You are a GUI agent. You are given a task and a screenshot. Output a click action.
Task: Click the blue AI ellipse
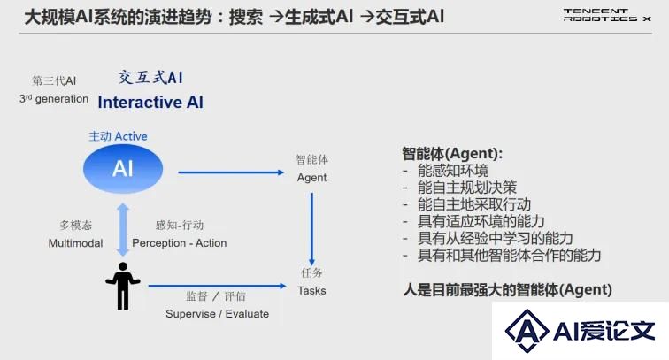click(123, 169)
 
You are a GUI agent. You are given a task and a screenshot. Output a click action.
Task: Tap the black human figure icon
click(123, 286)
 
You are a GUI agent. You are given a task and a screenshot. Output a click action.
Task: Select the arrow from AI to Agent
click(231, 172)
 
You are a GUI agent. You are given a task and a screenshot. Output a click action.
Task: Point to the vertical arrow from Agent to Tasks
click(311, 229)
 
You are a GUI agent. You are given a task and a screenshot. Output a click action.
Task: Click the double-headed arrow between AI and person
click(123, 229)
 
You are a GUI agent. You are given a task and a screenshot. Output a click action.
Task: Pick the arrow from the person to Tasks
click(217, 286)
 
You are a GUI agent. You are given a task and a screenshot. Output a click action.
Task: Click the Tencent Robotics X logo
click(607, 15)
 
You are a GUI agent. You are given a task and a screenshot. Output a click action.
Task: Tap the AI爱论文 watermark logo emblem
click(527, 331)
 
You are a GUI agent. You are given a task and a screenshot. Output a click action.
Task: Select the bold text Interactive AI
click(150, 103)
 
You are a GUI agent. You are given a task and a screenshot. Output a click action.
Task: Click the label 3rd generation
click(54, 99)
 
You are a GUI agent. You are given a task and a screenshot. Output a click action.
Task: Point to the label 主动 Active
click(118, 136)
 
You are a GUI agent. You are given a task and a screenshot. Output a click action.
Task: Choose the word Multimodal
click(75, 243)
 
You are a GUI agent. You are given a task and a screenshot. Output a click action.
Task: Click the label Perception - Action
click(179, 243)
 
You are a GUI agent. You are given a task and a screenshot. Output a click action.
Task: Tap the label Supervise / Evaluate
click(217, 314)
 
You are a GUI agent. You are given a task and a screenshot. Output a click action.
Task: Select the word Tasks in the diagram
click(311, 291)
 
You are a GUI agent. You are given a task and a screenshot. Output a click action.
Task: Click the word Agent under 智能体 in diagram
click(311, 178)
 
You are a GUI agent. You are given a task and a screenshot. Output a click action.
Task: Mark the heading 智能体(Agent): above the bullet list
click(452, 154)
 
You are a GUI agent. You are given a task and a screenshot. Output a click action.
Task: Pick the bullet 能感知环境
click(453, 171)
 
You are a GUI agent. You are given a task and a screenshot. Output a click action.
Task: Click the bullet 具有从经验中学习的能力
click(495, 239)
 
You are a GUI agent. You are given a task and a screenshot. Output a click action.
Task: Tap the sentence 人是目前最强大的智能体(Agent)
click(508, 290)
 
